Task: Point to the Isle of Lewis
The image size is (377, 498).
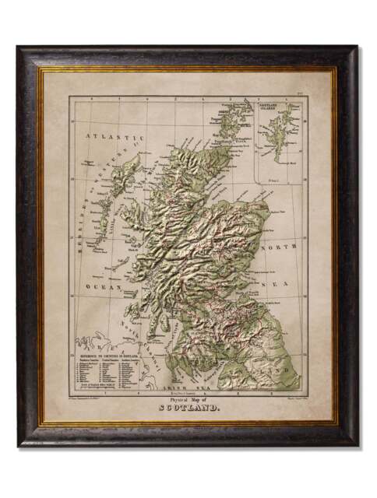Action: tap(129, 167)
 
